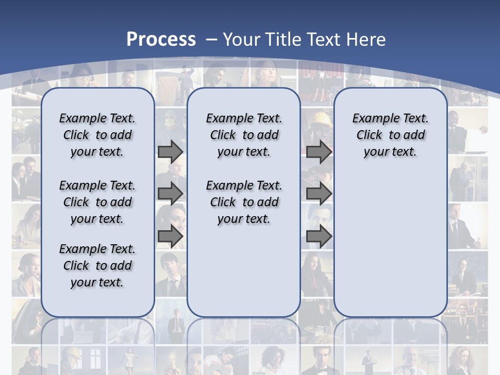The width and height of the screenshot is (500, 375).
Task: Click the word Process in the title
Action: (x=161, y=40)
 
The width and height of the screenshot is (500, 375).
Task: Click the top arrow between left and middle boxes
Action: (x=170, y=152)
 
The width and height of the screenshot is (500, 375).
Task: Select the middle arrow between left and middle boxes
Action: (x=170, y=194)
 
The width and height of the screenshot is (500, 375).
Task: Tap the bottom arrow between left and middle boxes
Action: (x=170, y=236)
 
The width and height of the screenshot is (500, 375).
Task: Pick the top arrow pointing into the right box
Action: (x=319, y=152)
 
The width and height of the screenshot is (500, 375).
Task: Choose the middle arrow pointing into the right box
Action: (x=319, y=194)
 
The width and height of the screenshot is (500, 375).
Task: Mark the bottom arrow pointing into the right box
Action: (x=319, y=236)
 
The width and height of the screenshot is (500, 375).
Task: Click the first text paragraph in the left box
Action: (x=97, y=135)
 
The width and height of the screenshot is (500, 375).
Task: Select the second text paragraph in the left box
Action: (x=97, y=202)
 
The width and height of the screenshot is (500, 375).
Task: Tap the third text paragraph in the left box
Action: (x=97, y=266)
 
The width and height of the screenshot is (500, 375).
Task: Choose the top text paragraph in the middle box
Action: (x=244, y=135)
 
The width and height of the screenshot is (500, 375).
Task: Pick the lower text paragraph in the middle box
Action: (x=244, y=202)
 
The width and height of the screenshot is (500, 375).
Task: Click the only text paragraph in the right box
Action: (x=390, y=135)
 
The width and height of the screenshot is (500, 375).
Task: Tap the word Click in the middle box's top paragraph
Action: (x=223, y=135)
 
